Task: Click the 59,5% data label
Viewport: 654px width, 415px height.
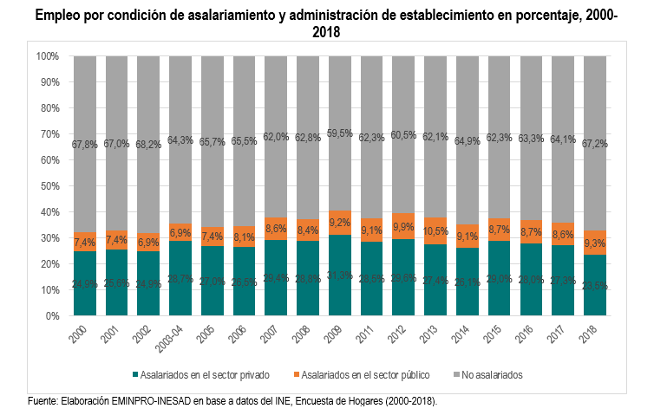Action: coord(340,133)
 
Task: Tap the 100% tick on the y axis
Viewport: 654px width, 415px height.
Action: coord(48,56)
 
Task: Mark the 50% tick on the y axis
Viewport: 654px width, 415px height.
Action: coord(50,186)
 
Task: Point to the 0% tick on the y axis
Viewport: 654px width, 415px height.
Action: coord(53,316)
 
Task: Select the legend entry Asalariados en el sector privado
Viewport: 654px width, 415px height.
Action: coord(202,375)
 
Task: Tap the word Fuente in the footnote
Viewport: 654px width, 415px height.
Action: coord(44,401)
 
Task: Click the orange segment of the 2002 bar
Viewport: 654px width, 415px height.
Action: coord(148,238)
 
